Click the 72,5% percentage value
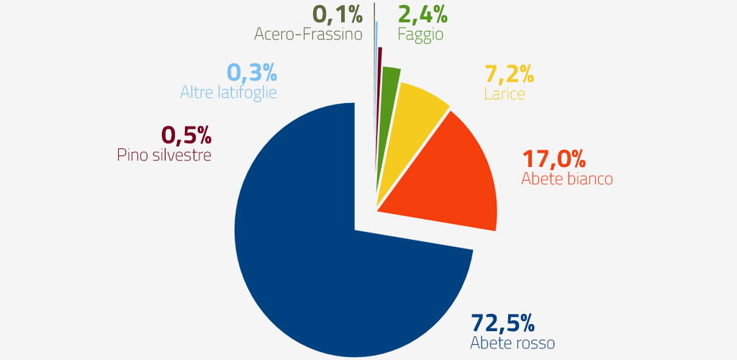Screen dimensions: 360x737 tap(502, 322)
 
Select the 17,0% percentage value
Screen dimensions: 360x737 tap(553, 158)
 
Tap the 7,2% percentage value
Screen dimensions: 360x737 tap(509, 74)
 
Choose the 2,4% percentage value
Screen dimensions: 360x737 tap(423, 14)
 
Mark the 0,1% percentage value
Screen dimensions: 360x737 tap(337, 14)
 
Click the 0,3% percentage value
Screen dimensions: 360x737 tap(252, 73)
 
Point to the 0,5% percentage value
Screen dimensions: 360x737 tap(186, 135)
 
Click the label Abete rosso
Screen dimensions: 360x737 tap(512, 342)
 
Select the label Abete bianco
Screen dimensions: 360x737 tap(567, 179)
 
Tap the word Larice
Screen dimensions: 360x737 tap(505, 94)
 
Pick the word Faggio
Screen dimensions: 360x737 tap(420, 34)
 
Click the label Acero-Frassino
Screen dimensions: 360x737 tap(308, 34)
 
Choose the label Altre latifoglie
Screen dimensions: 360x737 tap(228, 93)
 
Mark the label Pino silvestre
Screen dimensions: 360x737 tap(164, 155)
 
